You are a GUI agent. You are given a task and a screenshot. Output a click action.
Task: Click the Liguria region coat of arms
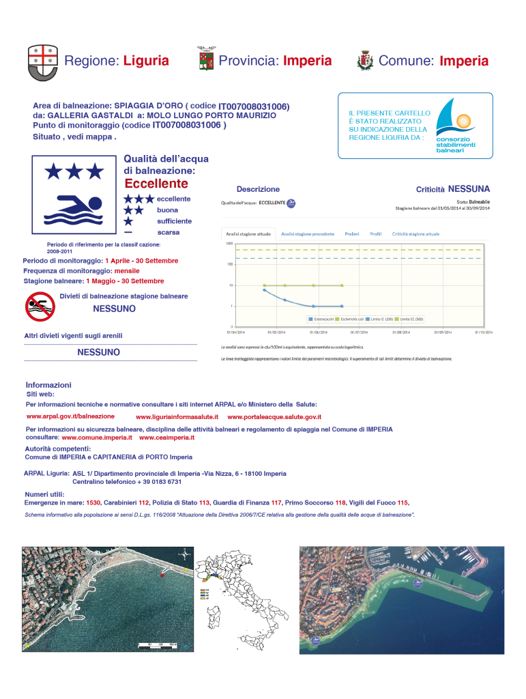pyautogui.click(x=42, y=60)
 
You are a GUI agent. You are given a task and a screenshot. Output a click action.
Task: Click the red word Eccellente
pyautogui.click(x=156, y=184)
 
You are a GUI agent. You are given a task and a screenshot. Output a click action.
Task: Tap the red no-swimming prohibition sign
pyautogui.click(x=40, y=306)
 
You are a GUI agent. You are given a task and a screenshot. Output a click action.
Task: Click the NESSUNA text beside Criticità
pyautogui.click(x=469, y=188)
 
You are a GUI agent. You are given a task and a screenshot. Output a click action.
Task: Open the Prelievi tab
pyautogui.click(x=352, y=233)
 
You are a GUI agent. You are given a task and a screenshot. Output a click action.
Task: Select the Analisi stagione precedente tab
pyautogui.click(x=308, y=233)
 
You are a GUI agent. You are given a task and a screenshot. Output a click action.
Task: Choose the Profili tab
pyautogui.click(x=375, y=233)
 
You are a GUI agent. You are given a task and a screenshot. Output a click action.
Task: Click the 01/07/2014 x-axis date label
pyautogui.click(x=360, y=332)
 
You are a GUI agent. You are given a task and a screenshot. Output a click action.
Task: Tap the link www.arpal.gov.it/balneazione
pyautogui.click(x=70, y=416)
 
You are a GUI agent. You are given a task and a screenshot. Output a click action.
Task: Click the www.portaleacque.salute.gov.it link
pyautogui.click(x=274, y=416)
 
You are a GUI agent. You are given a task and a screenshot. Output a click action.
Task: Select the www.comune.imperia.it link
pyautogui.click(x=97, y=437)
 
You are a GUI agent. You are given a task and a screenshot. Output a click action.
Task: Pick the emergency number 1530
pyautogui.click(x=93, y=502)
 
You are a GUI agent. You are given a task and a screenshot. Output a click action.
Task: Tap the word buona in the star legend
pyautogui.click(x=168, y=210)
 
